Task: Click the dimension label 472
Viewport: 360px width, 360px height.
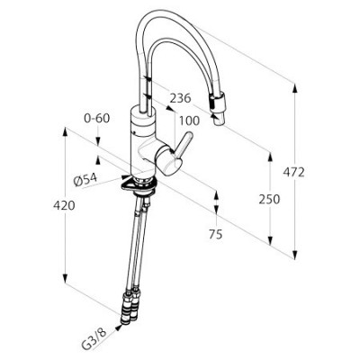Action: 293,172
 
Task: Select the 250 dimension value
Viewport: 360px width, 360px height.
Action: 269,199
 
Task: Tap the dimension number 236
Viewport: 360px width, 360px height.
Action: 180,98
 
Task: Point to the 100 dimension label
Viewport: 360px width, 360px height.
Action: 189,121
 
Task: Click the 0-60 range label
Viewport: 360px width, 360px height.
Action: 97,118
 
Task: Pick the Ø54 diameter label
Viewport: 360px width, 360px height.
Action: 85,180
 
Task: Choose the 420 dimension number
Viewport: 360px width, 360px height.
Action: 64,205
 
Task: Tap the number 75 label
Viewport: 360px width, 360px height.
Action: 216,234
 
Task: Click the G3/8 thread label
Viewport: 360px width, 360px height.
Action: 94,340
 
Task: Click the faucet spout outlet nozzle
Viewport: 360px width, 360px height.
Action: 218,119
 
